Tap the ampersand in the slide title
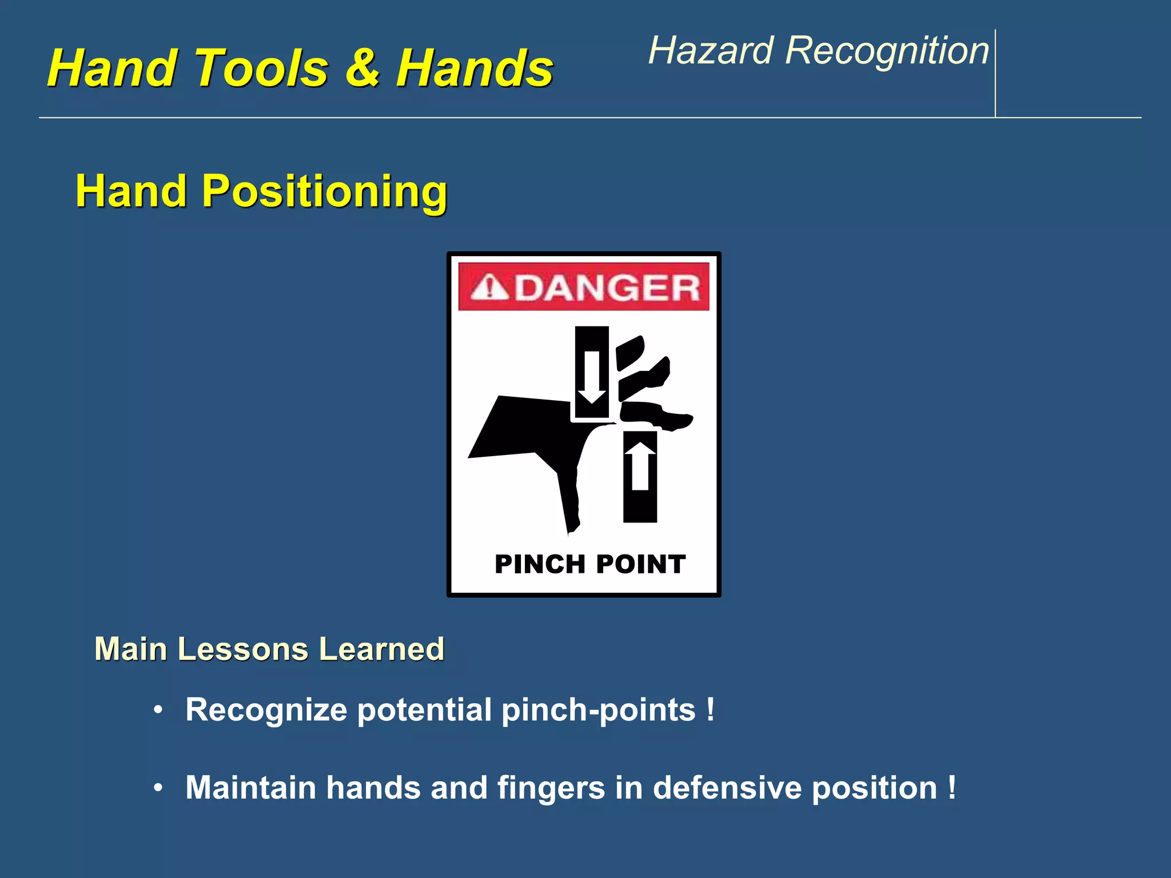[x=362, y=69]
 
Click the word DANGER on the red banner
[x=608, y=288]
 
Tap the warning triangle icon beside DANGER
[x=489, y=288]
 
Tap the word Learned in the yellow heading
[x=381, y=649]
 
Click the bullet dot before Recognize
[x=158, y=711]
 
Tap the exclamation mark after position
[x=951, y=788]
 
